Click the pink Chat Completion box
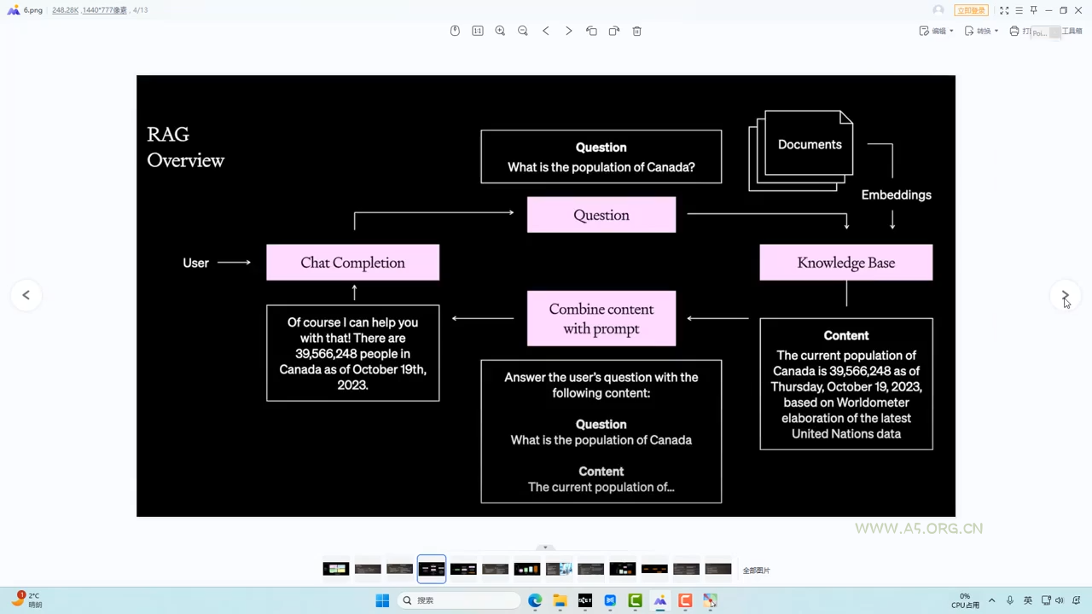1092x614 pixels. [352, 263]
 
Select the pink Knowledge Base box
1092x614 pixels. [845, 263]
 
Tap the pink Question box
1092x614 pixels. [601, 215]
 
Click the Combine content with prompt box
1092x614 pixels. [601, 319]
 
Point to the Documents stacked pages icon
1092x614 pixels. [802, 148]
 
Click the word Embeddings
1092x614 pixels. [896, 195]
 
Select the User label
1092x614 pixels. [195, 263]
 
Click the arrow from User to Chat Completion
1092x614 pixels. [235, 263]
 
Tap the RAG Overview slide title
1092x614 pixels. [185, 148]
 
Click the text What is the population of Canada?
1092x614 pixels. [601, 167]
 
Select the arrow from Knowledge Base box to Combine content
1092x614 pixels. [717, 319]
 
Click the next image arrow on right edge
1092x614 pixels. [1065, 295]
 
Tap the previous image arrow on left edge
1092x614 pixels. [26, 295]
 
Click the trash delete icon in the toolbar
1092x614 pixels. [636, 31]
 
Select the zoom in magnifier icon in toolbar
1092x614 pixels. [500, 31]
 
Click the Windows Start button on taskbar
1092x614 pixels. [382, 600]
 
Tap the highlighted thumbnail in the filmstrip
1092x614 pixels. [432, 569]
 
